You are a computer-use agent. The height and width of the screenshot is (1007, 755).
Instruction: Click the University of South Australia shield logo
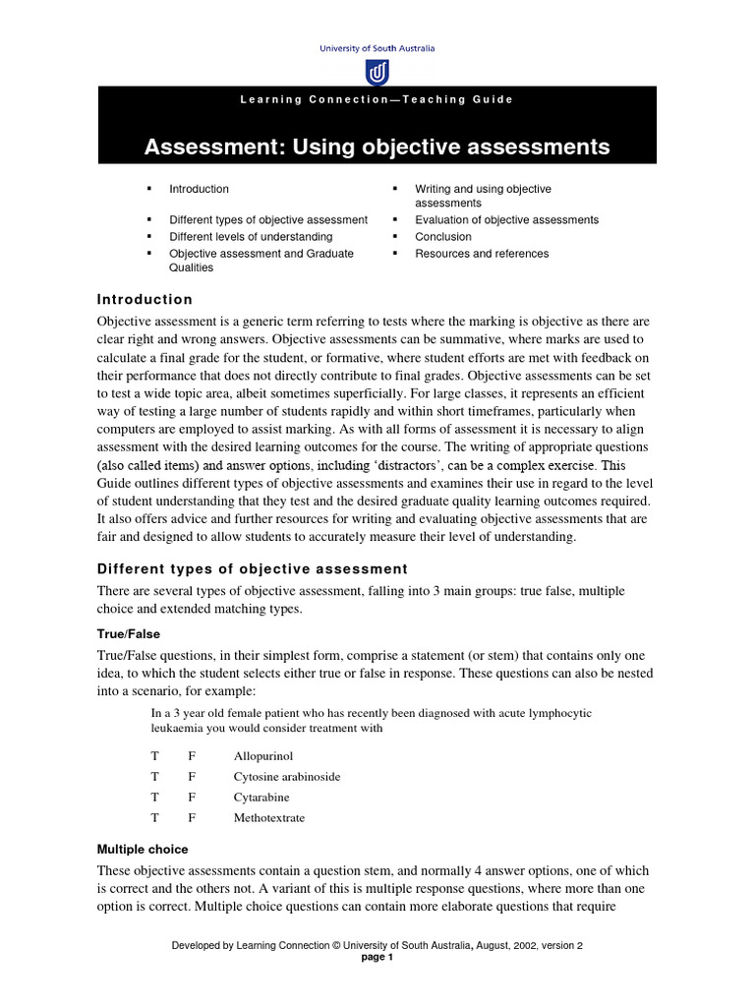[377, 72]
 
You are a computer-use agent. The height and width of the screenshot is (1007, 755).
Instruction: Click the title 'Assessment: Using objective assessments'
[377, 148]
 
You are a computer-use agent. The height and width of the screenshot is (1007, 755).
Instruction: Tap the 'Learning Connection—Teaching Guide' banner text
[377, 99]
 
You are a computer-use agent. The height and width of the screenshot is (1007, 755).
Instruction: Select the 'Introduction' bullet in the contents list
[199, 189]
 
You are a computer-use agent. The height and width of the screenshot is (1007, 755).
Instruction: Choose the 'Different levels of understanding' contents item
[251, 237]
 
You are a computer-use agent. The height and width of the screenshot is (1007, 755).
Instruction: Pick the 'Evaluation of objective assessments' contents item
[506, 220]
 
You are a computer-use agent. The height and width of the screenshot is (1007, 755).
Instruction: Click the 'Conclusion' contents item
[443, 237]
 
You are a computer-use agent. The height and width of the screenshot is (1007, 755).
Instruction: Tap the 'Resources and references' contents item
[482, 254]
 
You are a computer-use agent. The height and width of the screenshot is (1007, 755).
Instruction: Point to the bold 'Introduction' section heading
[145, 299]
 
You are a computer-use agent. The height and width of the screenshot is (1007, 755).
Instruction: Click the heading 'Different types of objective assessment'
[252, 568]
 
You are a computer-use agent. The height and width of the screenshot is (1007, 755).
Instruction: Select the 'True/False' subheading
[129, 634]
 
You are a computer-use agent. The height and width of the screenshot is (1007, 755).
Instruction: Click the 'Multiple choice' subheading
[143, 849]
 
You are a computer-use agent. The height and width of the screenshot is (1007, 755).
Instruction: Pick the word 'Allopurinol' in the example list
[263, 756]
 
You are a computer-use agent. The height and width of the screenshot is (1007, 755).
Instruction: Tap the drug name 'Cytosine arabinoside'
[287, 777]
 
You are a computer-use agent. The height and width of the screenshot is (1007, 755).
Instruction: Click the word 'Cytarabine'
[261, 798]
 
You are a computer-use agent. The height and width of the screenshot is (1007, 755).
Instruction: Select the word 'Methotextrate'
[269, 818]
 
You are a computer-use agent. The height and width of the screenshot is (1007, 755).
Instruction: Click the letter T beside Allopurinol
[154, 756]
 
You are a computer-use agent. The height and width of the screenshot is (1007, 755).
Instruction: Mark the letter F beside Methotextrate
[193, 818]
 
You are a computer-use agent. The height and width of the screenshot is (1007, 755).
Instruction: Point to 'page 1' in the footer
[377, 958]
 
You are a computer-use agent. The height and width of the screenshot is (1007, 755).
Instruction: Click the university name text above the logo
[377, 47]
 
